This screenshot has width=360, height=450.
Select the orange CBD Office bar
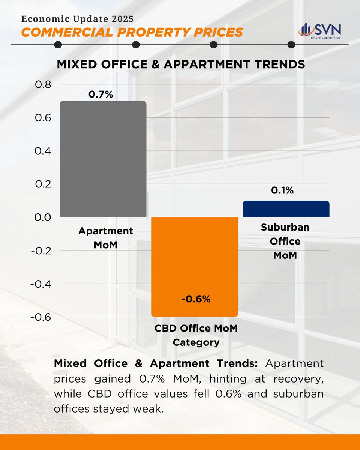194,262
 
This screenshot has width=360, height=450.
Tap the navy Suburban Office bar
286,209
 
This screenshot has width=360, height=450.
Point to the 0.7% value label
100,94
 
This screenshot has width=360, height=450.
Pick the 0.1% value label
283,191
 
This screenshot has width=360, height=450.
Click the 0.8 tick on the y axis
43,85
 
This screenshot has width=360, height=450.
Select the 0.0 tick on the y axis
43,217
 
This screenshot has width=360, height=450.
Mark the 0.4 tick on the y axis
43,151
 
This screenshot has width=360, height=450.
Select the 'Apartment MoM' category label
105,238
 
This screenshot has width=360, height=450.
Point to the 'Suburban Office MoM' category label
285,241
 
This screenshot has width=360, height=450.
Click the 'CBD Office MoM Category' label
196,335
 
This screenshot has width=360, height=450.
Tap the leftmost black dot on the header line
58,45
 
